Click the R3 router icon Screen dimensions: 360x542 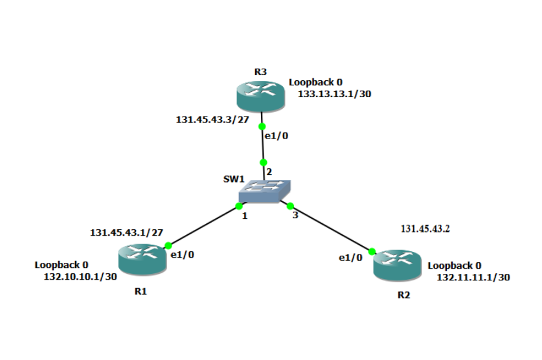click(x=260, y=96)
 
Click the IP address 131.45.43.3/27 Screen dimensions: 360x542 click(x=212, y=119)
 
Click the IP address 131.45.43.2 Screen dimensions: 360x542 click(x=425, y=229)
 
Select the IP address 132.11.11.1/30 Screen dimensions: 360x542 click(x=473, y=277)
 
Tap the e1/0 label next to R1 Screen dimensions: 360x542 click(x=182, y=254)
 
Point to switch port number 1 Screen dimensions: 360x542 click(x=244, y=216)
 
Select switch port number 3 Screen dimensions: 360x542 click(x=295, y=215)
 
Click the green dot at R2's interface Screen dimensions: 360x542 click(x=372, y=251)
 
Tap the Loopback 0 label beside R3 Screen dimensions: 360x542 click(x=315, y=82)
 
